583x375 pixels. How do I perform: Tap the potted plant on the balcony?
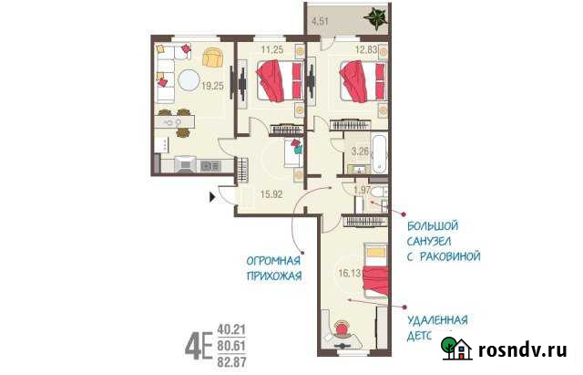click(373, 16)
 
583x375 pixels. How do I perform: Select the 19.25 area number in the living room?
click(212, 86)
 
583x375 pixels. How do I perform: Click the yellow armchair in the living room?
click(211, 57)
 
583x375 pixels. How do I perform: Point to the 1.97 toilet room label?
click(362, 189)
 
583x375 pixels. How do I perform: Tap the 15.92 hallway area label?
click(271, 193)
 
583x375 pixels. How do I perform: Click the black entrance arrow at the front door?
click(215, 193)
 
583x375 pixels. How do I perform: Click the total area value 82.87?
click(234, 359)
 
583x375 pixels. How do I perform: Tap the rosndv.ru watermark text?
click(523, 349)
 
